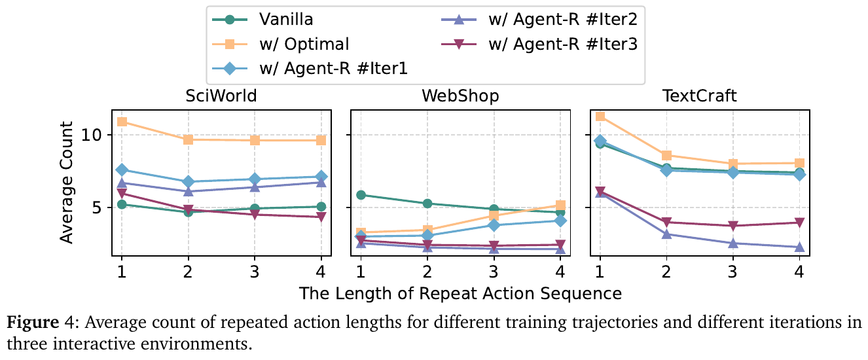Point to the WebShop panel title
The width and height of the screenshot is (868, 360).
pyautogui.click(x=460, y=97)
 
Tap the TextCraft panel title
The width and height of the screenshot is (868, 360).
pyautogui.click(x=699, y=97)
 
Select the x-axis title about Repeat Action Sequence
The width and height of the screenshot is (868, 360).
pyautogui.click(x=460, y=293)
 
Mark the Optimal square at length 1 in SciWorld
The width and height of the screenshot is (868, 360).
pyautogui.click(x=122, y=122)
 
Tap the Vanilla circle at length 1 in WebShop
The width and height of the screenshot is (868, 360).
pyautogui.click(x=361, y=195)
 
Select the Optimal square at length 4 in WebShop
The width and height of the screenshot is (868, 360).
pyautogui.click(x=560, y=206)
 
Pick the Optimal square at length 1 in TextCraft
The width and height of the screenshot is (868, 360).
pyautogui.click(x=600, y=117)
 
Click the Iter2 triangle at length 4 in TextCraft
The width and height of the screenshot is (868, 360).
pyautogui.click(x=799, y=247)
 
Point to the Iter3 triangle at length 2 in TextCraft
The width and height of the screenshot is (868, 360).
pyautogui.click(x=666, y=223)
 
